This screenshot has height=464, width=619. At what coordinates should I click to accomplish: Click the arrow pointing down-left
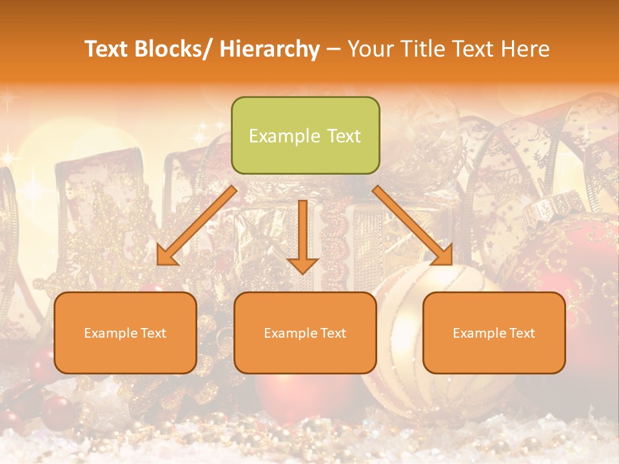[x=197, y=226]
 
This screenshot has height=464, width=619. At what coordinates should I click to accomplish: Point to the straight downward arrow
[x=302, y=236]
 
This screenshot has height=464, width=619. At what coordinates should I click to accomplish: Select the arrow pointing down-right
[x=413, y=226]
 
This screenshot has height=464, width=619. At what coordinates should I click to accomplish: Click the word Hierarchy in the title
[x=270, y=49]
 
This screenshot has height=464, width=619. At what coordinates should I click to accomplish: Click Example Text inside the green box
[x=305, y=136]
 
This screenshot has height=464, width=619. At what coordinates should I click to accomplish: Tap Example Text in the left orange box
[x=125, y=333]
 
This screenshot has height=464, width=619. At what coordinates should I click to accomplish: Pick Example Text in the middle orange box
[x=305, y=333]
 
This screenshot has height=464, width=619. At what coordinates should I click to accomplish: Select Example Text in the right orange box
[x=494, y=333]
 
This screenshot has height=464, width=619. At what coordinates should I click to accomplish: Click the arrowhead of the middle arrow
[x=302, y=265]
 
